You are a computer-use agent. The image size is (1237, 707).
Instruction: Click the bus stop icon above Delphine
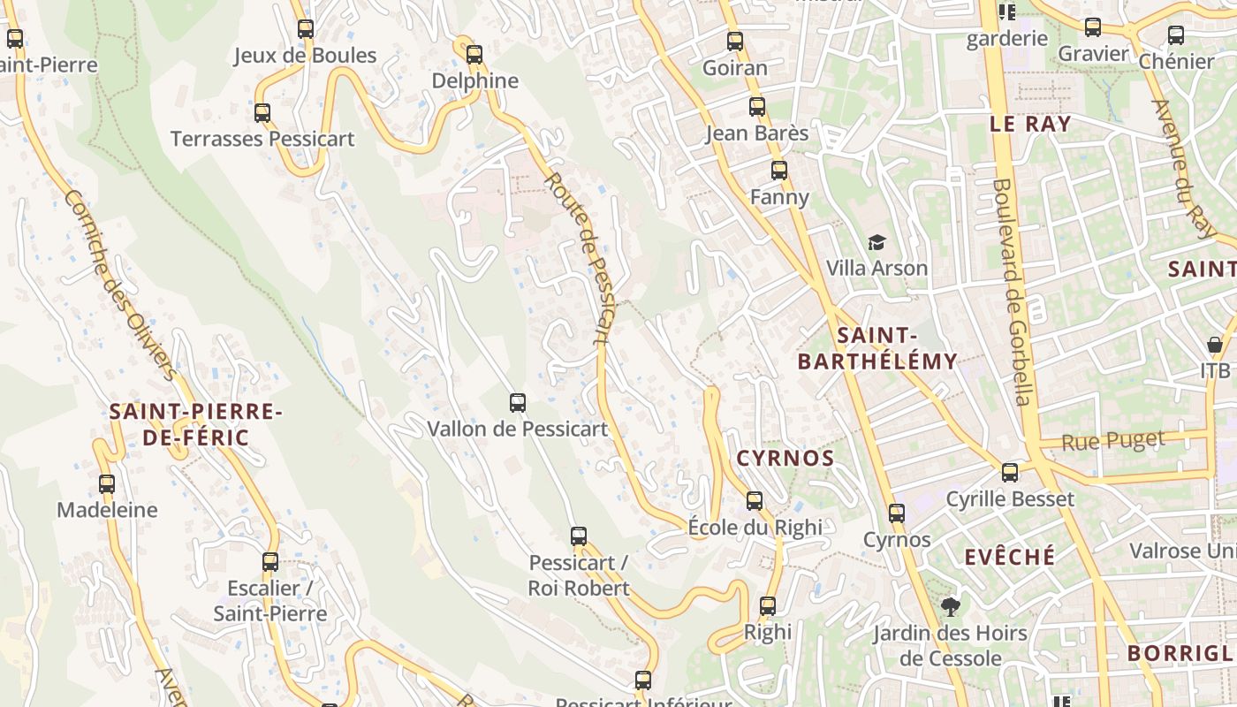[x=474, y=55]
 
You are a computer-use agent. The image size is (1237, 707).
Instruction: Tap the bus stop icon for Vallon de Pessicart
[x=518, y=403]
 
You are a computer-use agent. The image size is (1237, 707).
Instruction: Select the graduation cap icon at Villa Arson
[x=877, y=242]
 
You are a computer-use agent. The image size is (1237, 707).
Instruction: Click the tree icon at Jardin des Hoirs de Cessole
[x=951, y=607]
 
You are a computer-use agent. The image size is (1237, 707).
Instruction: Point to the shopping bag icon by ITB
[x=1215, y=345]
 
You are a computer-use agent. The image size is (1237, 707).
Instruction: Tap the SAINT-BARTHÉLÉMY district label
[x=877, y=348]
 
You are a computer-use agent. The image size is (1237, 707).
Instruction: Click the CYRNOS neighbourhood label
[x=785, y=458]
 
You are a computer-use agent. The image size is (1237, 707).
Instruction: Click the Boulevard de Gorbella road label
[x=1013, y=292]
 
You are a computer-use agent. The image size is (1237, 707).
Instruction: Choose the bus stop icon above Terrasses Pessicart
[x=262, y=113]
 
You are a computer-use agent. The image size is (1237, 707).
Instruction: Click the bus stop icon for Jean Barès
[x=757, y=108]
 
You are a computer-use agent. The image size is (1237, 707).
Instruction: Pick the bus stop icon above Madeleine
[x=107, y=484]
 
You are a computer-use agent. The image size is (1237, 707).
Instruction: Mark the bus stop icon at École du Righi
[x=755, y=501]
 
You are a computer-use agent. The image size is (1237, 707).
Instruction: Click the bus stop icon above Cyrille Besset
[x=1010, y=473]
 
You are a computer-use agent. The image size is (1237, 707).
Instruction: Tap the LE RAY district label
[x=1030, y=124]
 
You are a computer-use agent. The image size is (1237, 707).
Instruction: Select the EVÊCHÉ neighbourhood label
[x=1010, y=557]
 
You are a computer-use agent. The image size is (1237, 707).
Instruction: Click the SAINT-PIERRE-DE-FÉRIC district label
[x=195, y=424]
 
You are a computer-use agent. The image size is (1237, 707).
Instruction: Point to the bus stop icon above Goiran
[x=735, y=42]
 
